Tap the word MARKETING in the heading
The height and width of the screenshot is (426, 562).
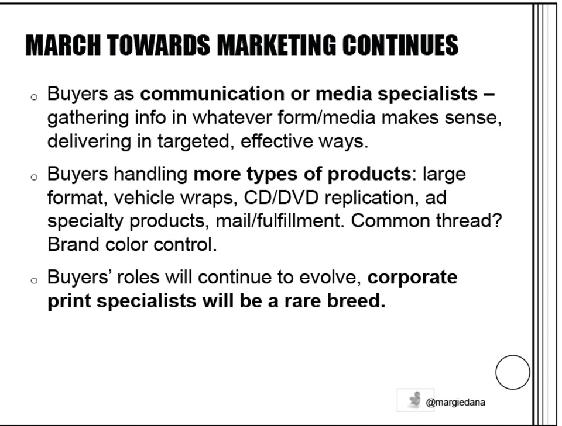tap(276, 45)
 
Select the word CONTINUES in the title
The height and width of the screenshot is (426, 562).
tap(400, 45)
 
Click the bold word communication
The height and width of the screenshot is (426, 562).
tap(212, 93)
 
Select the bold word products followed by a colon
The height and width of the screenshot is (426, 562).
tap(369, 174)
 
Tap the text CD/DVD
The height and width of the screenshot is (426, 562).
tap(282, 198)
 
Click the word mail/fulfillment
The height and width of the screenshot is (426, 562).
tap(277, 221)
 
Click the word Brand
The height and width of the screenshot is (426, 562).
tap(73, 245)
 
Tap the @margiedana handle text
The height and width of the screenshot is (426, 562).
tap(455, 403)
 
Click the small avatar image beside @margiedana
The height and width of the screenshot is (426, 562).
tap(416, 400)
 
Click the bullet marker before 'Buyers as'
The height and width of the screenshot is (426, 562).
tap(34, 96)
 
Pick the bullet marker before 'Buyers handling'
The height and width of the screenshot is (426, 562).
tap(34, 177)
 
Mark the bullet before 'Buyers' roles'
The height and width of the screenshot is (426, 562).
tap(34, 280)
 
